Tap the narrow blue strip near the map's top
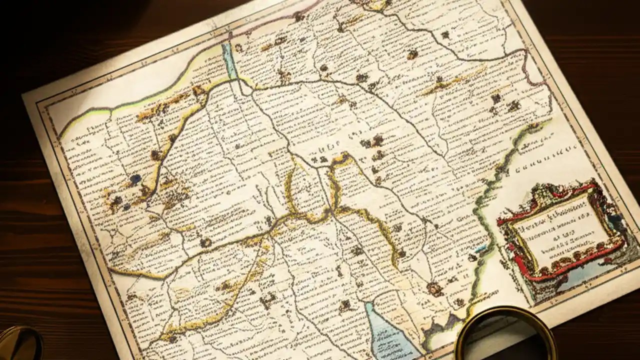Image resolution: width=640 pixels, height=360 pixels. [230, 60]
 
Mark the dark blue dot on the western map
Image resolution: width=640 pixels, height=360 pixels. [135, 178]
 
